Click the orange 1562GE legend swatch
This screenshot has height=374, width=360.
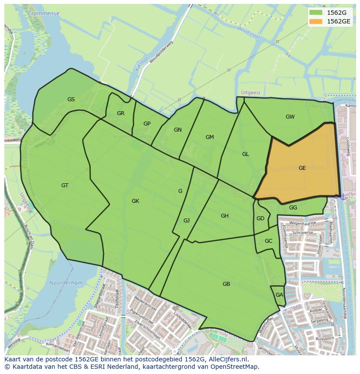click(316, 21)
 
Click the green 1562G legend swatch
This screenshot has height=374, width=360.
click(316, 13)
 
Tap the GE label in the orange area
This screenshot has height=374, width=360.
click(302, 168)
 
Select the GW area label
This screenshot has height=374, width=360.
click(290, 116)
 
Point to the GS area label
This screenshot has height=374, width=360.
click(71, 99)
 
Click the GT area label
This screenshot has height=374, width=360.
click(65, 185)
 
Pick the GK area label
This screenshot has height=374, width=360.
click(135, 201)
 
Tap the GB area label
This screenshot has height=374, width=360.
click(226, 284)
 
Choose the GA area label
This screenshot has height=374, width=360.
click(279, 295)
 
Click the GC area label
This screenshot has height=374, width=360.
click(268, 241)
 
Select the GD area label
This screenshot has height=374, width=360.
click(260, 218)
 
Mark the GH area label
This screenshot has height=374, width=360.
click(224, 216)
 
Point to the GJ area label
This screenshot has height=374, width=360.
click(187, 221)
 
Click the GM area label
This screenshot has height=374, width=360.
click(210, 137)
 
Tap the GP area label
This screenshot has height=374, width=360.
click(147, 124)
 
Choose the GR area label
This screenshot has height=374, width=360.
click(120, 113)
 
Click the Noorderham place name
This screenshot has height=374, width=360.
click(66, 283)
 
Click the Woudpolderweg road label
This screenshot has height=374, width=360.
click(161, 53)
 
